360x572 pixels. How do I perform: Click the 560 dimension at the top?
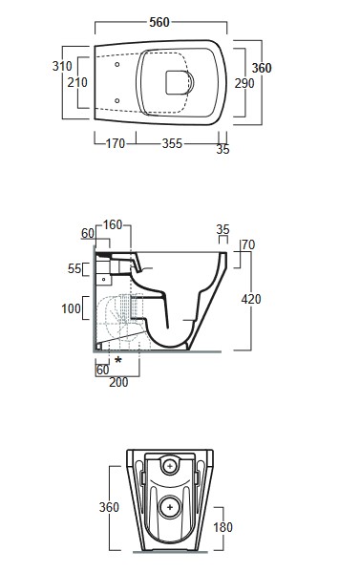click(x=159, y=22)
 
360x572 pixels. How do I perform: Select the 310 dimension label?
click(x=62, y=66)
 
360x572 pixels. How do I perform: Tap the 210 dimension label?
click(x=77, y=82)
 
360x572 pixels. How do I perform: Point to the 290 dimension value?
click(x=244, y=83)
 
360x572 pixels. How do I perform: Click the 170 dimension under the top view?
click(x=116, y=143)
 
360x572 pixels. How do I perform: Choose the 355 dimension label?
click(x=172, y=143)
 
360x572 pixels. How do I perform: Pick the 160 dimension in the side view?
click(x=113, y=224)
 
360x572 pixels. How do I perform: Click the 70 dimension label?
click(x=248, y=244)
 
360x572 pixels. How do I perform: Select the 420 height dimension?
click(x=251, y=299)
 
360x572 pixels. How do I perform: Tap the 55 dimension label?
click(x=74, y=269)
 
